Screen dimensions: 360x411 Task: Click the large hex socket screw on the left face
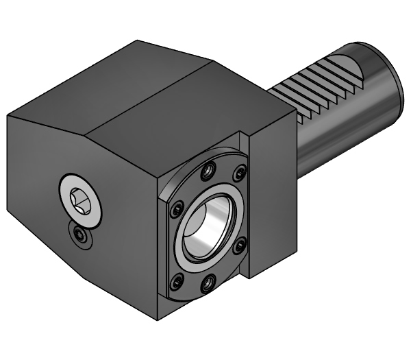coord(80,198)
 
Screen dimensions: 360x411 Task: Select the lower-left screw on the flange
coord(177,278)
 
